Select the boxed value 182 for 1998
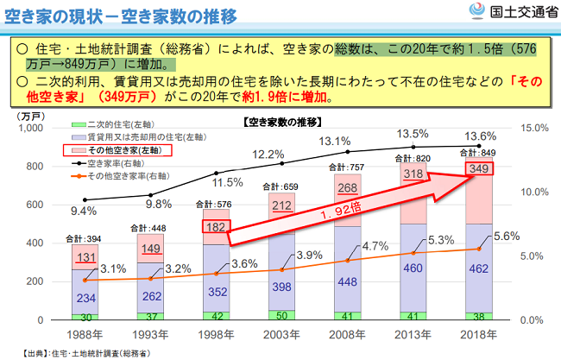pyautogui.click(x=216, y=228)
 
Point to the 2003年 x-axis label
pyautogui.click(x=282, y=333)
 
